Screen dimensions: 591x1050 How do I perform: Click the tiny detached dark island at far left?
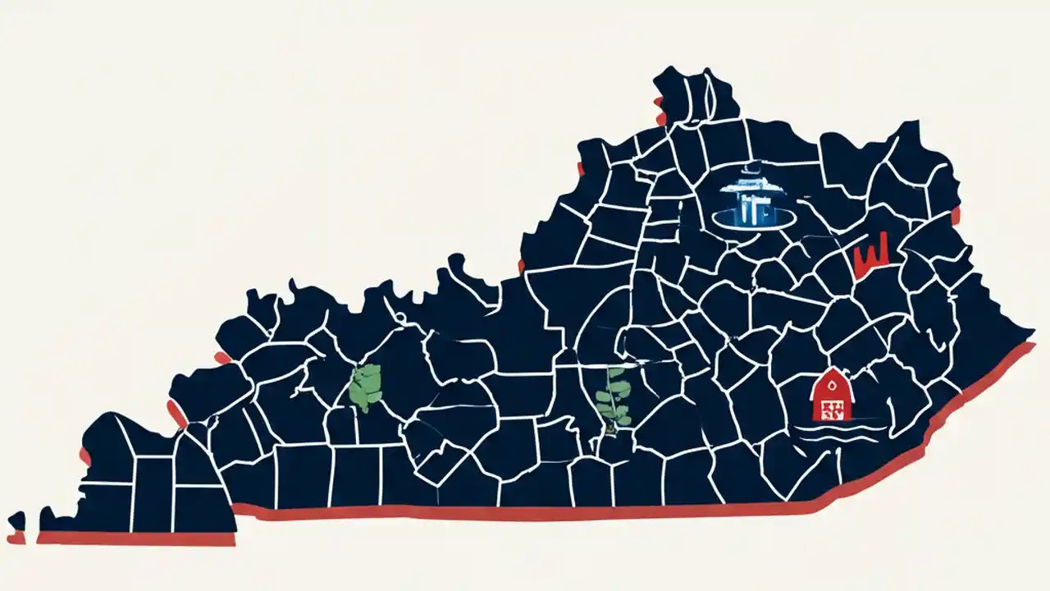pyautogui.click(x=16, y=520)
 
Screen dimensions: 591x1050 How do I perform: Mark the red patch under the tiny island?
pyautogui.click(x=16, y=539)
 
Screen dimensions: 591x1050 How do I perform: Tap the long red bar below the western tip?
pyautogui.click(x=135, y=538)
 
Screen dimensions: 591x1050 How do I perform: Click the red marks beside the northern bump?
pyautogui.click(x=659, y=110)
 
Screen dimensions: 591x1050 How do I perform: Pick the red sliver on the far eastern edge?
pyautogui.click(x=956, y=216)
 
